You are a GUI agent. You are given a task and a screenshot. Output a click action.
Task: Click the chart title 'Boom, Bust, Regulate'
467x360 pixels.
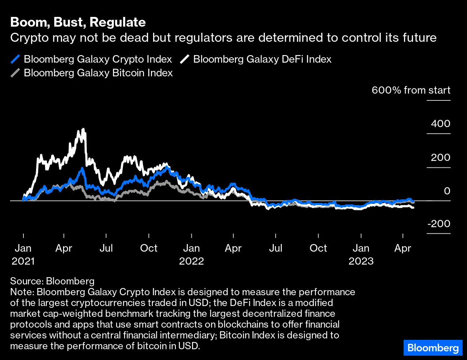click(78, 22)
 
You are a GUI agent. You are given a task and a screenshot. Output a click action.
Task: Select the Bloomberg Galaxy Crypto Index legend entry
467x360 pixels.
click(98, 59)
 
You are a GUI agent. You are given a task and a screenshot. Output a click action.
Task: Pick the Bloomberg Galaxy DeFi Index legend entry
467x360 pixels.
click(262, 59)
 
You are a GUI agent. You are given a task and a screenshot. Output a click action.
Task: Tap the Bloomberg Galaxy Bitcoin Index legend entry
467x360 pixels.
click(98, 73)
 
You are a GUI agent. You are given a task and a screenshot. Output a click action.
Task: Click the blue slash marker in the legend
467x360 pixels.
click(15, 59)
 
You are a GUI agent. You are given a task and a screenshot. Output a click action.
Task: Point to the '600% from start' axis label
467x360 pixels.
click(411, 90)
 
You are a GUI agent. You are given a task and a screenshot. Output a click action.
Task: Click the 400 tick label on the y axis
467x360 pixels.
click(440, 123)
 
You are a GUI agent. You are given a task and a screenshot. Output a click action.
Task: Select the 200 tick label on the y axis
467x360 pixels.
click(440, 157)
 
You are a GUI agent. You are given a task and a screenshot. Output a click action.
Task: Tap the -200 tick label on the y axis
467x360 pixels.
click(439, 224)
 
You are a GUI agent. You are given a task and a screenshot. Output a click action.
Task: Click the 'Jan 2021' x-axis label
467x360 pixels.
click(23, 254)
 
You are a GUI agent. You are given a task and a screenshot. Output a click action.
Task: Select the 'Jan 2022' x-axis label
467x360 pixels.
click(191, 254)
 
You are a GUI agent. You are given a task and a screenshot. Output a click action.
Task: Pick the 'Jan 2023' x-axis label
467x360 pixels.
click(361, 254)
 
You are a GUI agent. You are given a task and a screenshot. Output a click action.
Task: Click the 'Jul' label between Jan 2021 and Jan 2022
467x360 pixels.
click(106, 248)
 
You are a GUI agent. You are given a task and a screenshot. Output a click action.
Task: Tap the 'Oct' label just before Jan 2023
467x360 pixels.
click(318, 248)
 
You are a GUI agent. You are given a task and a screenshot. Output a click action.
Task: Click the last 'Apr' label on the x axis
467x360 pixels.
click(402, 248)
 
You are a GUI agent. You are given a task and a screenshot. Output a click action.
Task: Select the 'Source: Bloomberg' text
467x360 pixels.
click(52, 281)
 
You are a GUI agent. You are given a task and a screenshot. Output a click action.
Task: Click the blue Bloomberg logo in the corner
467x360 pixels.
click(433, 348)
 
